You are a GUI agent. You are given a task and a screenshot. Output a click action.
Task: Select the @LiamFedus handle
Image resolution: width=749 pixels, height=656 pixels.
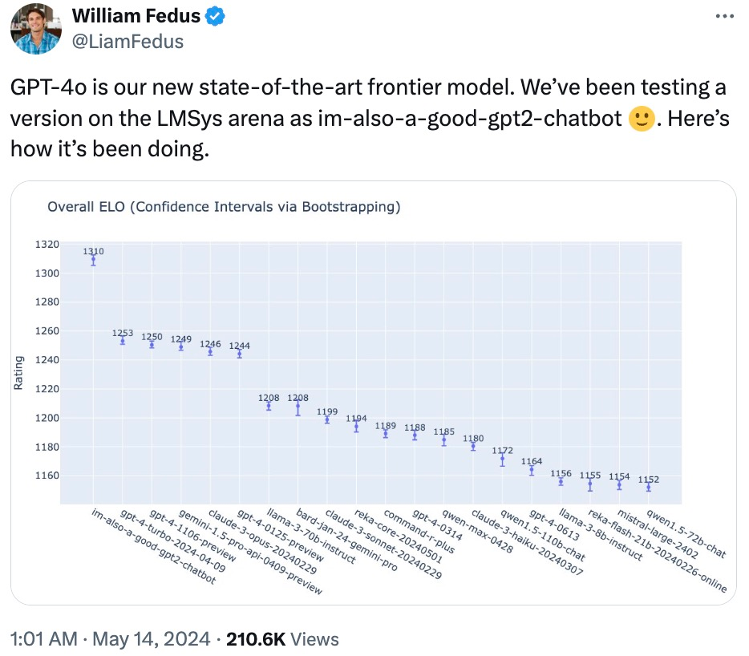pyautogui.click(x=128, y=41)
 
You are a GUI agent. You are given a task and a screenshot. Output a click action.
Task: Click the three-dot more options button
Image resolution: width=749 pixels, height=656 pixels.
pyautogui.click(x=723, y=17)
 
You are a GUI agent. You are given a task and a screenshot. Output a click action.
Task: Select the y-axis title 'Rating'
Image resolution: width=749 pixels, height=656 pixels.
pyautogui.click(x=18, y=374)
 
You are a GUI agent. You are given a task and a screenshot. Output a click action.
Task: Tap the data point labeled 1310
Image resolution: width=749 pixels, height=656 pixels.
pyautogui.click(x=93, y=260)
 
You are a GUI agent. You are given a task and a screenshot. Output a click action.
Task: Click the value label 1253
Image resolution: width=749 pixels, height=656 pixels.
pyautogui.click(x=123, y=332)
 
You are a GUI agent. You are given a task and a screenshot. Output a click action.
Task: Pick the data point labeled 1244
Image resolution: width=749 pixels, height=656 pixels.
pyautogui.click(x=239, y=354)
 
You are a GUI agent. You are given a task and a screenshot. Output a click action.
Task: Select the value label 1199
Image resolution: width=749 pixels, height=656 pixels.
pyautogui.click(x=326, y=411)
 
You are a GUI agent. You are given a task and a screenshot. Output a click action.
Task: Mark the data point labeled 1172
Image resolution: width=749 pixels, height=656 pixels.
pyautogui.click(x=502, y=460)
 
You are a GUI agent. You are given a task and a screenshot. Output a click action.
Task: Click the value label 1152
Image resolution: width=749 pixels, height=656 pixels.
pyautogui.click(x=649, y=479)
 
